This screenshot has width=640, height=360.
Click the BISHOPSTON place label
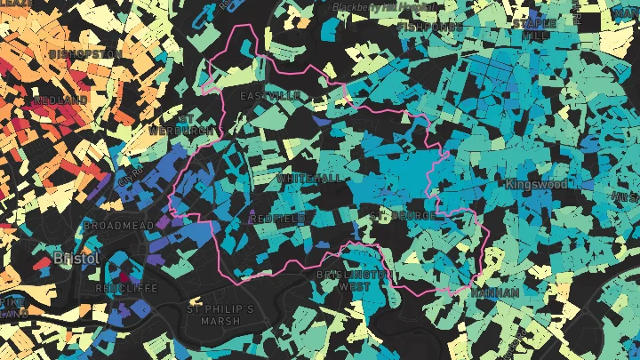pyautogui.click(x=85, y=54)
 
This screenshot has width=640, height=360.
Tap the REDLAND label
pyautogui.click(x=60, y=100)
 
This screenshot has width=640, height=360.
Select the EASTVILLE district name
pyautogui.click(x=271, y=95)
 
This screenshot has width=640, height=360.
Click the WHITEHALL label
pyautogui.click(x=309, y=179)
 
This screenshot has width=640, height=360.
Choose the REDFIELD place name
pyautogui.click(x=277, y=218)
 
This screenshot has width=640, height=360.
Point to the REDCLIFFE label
pyautogui.click(x=127, y=289)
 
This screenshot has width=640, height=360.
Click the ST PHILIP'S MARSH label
pyautogui.click(x=220, y=315)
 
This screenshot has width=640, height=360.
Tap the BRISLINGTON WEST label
pyautogui.click(x=354, y=281)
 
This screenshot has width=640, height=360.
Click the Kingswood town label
pyautogui.click(x=536, y=184)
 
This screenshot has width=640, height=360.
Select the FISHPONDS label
pyautogui.click(x=430, y=28)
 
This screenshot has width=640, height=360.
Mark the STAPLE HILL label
pyautogui.click(x=534, y=29)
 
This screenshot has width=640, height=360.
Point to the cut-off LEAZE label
pyautogui.click(x=16, y=4)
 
